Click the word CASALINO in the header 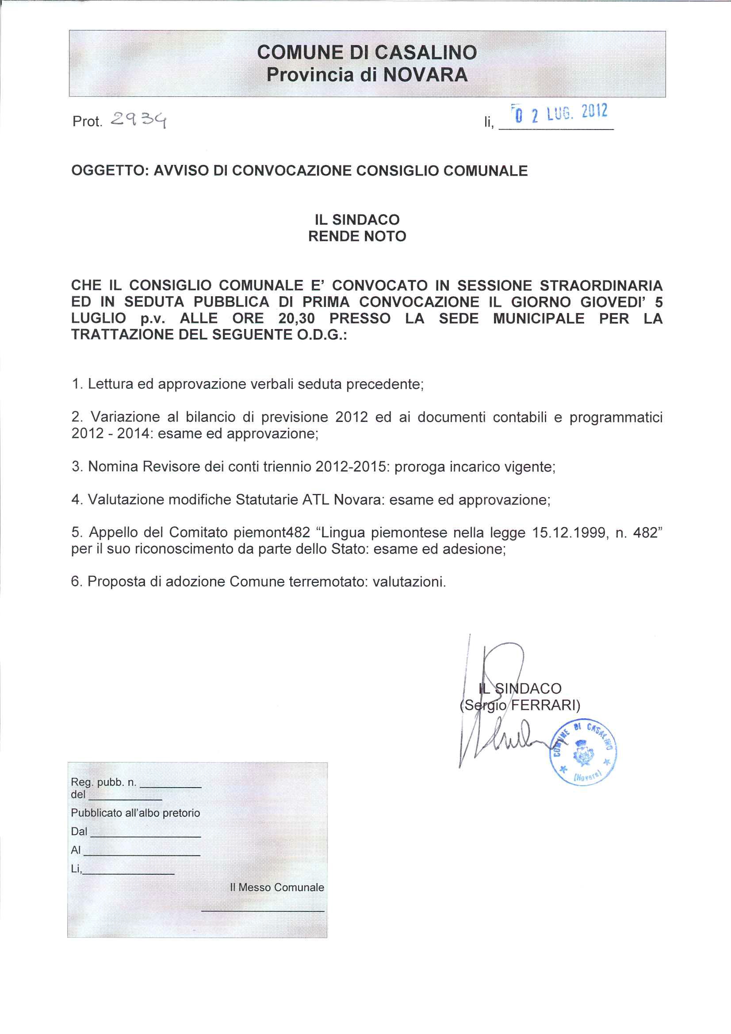[x=425, y=53]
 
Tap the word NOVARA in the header [x=425, y=75]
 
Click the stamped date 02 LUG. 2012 [x=559, y=113]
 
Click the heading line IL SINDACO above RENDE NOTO [x=357, y=220]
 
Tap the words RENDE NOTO [x=357, y=237]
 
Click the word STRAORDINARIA [x=601, y=286]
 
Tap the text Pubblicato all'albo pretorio [x=136, y=813]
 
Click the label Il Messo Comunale [x=276, y=887]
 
